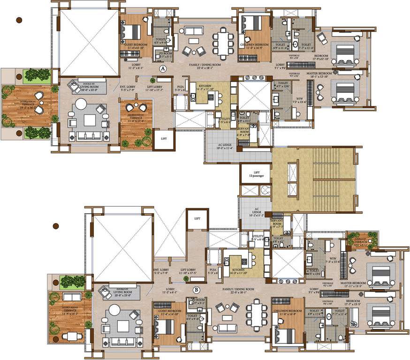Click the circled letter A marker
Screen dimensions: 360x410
click(163, 68)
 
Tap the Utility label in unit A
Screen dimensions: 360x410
click(225, 120)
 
